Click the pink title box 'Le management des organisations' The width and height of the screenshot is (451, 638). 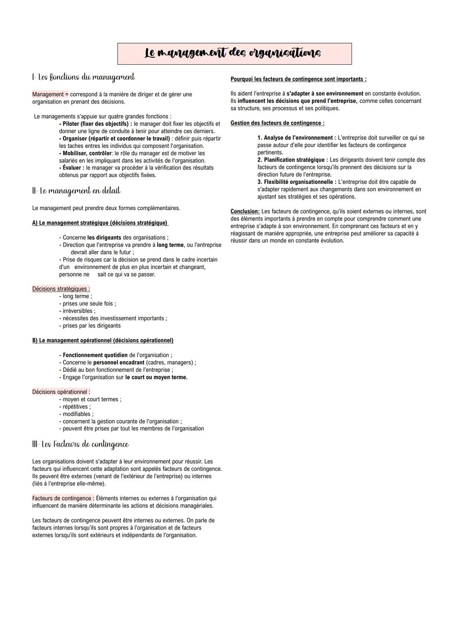pos(234,53)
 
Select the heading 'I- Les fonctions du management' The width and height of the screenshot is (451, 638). pos(84,77)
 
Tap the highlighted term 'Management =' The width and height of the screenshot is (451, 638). pos(50,94)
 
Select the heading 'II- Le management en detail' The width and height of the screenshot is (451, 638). pos(76,191)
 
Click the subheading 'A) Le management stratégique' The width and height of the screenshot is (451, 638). pos(100,223)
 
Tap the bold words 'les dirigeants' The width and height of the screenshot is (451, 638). pos(104,238)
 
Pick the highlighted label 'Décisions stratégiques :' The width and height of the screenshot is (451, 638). pos(61,289)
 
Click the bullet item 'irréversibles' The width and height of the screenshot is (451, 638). pos(78,311)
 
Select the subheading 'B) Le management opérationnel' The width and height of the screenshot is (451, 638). pos(103,341)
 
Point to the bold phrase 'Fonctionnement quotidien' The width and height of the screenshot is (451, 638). pos(95,355)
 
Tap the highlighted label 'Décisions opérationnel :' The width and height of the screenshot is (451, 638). pos(61,392)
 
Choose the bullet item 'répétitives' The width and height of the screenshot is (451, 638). pos(75,407)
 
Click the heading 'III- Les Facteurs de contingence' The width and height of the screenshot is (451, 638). pos(81,444)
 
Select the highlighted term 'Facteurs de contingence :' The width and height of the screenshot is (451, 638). pos(63,498)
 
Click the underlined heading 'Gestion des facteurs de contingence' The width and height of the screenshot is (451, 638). pos(277,123)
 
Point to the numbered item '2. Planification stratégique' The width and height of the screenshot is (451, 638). pos(292,160)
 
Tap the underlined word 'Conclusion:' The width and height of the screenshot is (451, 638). pos(245,211)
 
